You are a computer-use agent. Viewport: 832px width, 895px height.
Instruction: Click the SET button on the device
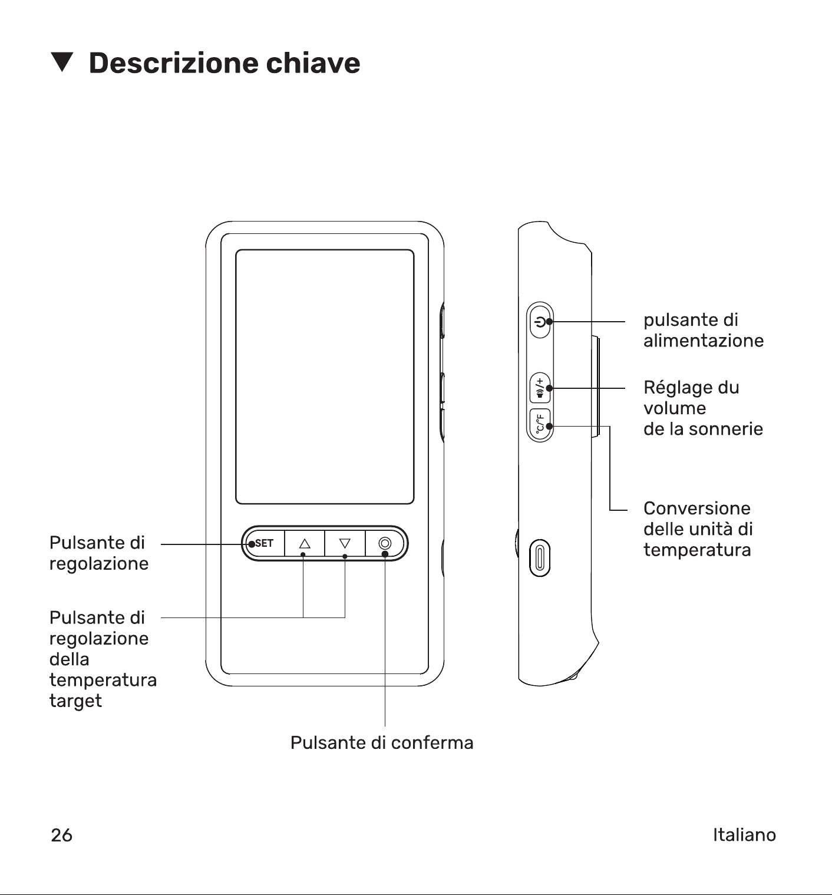(x=264, y=543)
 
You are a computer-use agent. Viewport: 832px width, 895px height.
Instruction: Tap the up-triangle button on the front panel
(x=305, y=543)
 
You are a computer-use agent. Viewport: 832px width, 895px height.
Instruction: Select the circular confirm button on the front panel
(x=385, y=543)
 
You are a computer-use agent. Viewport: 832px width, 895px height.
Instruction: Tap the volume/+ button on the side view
(x=540, y=388)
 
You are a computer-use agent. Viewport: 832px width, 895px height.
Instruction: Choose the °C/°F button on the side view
(x=540, y=424)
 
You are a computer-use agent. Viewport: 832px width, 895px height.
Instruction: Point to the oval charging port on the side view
(x=540, y=558)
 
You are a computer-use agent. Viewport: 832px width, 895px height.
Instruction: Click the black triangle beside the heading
(x=62, y=62)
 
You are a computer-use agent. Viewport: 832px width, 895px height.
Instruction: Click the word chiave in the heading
(x=313, y=62)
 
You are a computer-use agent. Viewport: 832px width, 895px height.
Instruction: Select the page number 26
(x=61, y=835)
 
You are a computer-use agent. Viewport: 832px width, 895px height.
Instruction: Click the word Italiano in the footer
(x=744, y=835)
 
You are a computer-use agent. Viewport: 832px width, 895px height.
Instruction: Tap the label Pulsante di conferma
(x=382, y=742)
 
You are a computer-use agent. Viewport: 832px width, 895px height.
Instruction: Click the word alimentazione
(x=704, y=341)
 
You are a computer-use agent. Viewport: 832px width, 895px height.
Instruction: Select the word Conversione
(x=697, y=508)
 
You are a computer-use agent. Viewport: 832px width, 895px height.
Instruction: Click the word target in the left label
(x=76, y=701)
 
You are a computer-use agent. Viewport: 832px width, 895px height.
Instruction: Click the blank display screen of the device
(x=325, y=377)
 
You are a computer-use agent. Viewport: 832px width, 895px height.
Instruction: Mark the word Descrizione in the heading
(x=173, y=62)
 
